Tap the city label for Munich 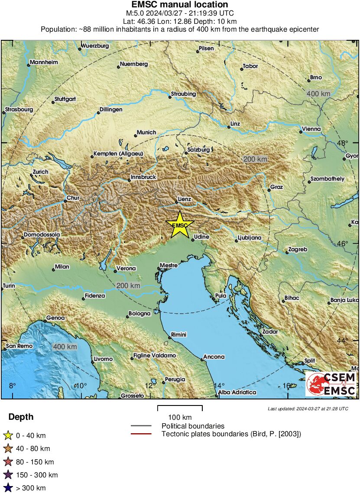pos(146,133)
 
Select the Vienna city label pos(311,129)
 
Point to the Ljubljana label pos(250,238)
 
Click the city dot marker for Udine pos(193,240)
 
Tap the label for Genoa pos(56,318)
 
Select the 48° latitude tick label pos(343,143)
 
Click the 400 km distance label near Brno pos(318,94)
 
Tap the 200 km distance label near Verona pos(128,285)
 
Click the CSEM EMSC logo pos(331,384)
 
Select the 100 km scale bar pos(180,408)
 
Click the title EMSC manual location pos(180,5)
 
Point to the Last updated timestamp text pos(308,409)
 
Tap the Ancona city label pos(214,357)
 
